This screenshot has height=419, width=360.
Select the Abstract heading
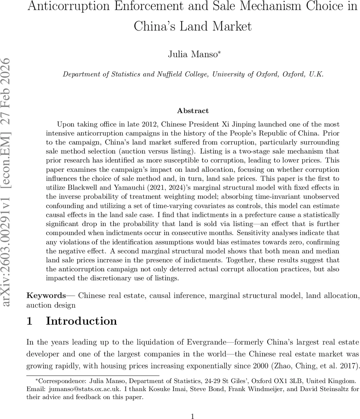(193, 111)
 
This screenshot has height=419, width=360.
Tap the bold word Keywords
(46, 296)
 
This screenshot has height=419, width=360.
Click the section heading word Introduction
(81, 321)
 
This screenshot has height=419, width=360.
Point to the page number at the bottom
(193, 416)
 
